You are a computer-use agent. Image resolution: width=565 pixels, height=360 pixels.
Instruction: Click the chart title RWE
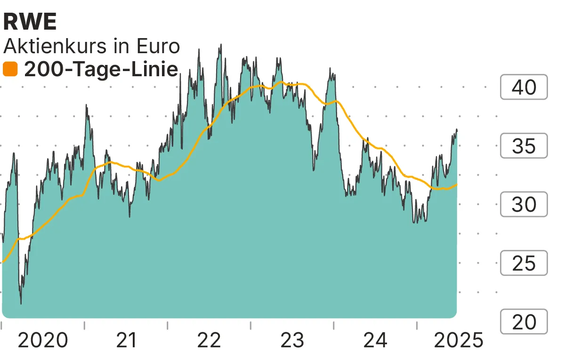[30, 22]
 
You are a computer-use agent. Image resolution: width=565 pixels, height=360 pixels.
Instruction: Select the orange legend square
[10, 70]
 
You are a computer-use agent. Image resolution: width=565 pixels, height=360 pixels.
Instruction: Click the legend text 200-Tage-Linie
[101, 70]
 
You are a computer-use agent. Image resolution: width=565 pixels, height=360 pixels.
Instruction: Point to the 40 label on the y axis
[524, 87]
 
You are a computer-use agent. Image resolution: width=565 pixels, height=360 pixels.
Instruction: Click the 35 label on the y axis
[524, 146]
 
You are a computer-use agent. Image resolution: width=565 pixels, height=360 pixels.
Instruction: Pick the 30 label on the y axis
[524, 205]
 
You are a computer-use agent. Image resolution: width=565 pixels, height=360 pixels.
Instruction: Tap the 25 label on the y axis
[524, 264]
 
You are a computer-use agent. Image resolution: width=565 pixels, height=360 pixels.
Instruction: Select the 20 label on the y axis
[524, 322]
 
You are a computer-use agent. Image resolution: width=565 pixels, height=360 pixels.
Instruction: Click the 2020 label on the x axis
[43, 340]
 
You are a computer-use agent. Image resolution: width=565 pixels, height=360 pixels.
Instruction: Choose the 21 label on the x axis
[126, 340]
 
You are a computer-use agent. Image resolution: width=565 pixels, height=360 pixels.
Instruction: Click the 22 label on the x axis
[209, 340]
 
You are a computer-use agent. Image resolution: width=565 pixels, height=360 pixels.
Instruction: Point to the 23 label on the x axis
[292, 340]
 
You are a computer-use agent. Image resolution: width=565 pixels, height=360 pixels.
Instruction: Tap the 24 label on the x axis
[375, 340]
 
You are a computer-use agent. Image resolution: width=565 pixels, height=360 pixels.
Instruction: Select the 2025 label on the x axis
[458, 340]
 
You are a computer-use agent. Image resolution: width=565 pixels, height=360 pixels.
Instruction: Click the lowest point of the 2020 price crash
[21, 304]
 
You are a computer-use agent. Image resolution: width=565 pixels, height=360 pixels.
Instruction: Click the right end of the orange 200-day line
[457, 184]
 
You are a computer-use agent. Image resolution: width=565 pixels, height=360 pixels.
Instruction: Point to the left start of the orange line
[3, 262]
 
